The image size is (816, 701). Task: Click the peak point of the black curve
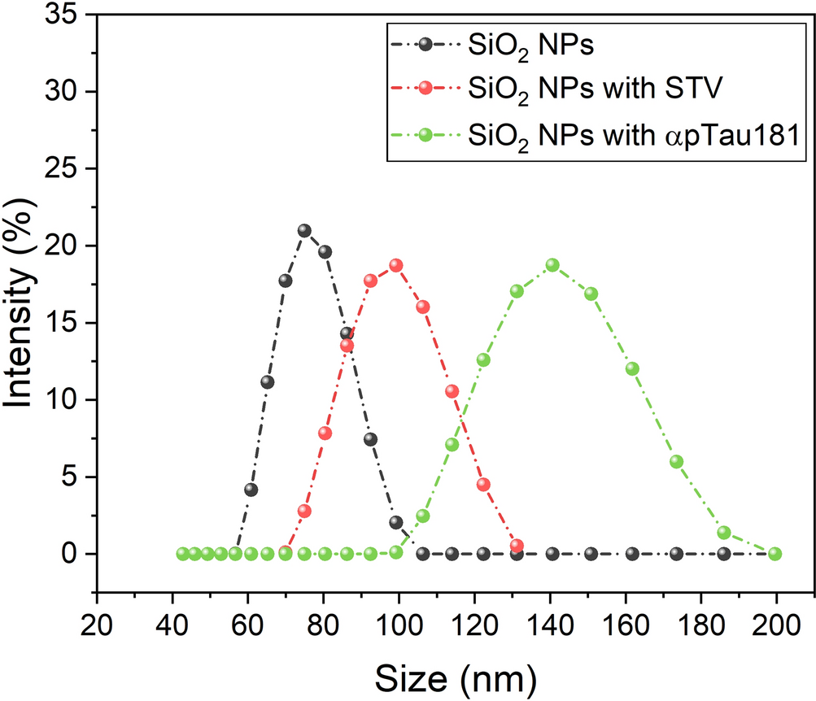point(305,231)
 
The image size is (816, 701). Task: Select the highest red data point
point(397,265)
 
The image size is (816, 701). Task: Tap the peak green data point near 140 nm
point(552,265)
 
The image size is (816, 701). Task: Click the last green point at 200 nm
point(775,554)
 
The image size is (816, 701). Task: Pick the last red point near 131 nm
point(516,546)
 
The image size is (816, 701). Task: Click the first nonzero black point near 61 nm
point(251,490)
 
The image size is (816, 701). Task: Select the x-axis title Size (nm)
point(455,673)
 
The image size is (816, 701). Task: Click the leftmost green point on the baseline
point(183,554)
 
